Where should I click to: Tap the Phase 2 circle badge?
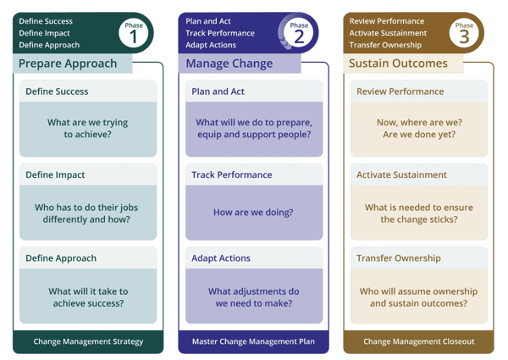pyautogui.click(x=299, y=34)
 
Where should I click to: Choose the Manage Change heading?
pyautogui.click(x=224, y=64)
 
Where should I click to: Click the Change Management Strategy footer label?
pyautogui.click(x=88, y=341)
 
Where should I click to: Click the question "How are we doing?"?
pyautogui.click(x=254, y=213)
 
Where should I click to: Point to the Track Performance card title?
pyautogui.click(x=232, y=174)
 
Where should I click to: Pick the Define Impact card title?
pyautogui.click(x=56, y=174)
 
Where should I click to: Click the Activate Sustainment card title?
pyautogui.click(x=401, y=174)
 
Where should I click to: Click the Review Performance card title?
pyautogui.click(x=400, y=91)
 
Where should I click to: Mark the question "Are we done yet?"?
pyautogui.click(x=419, y=135)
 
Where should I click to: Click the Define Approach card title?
pyautogui.click(x=61, y=258)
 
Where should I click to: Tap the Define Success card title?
pyautogui.click(x=57, y=91)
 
